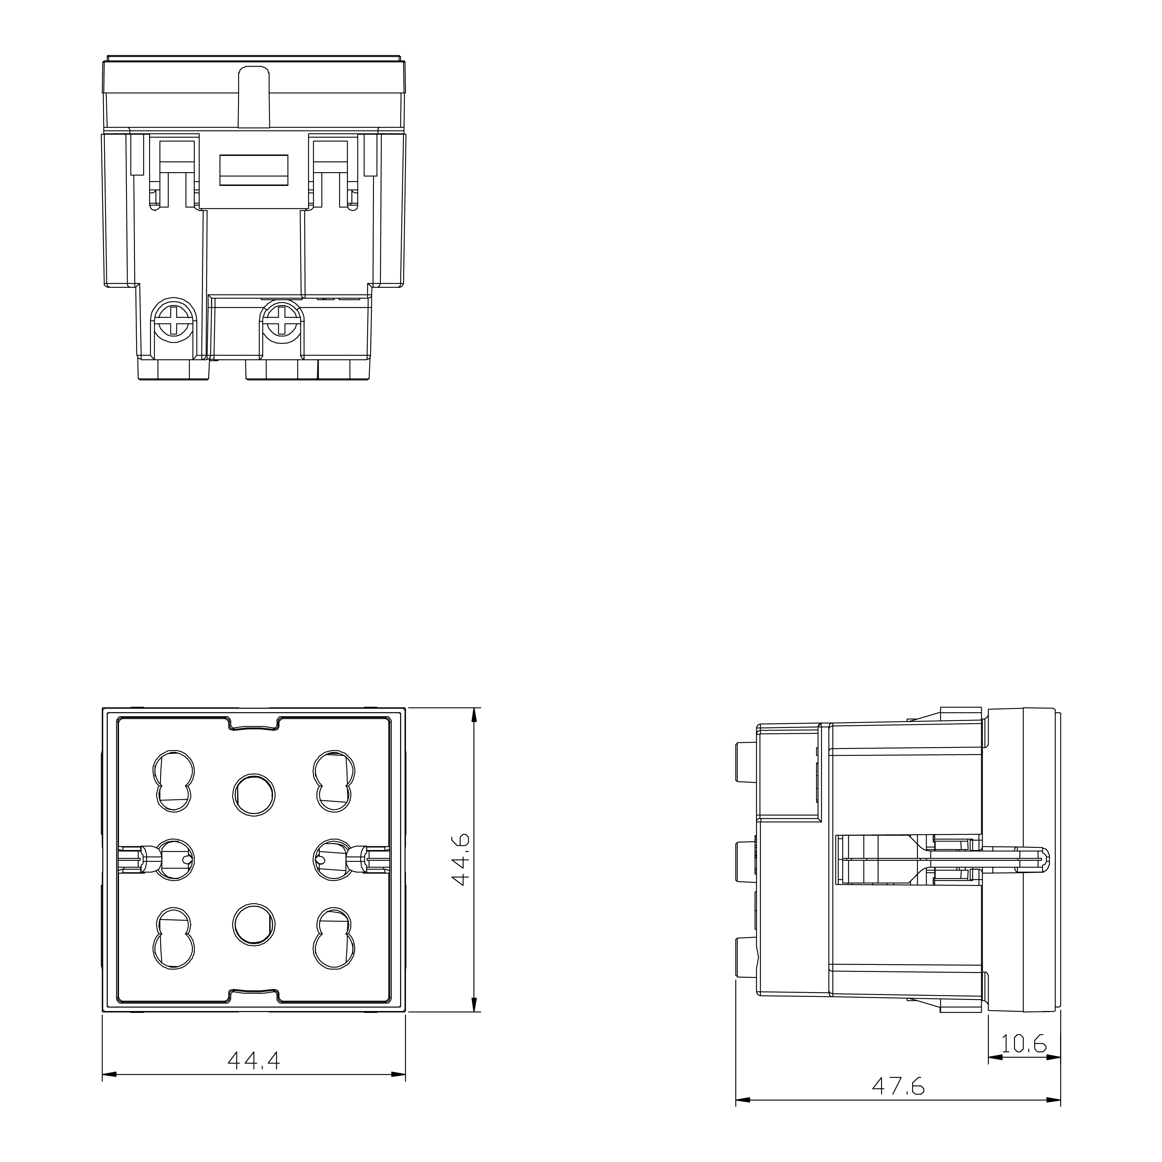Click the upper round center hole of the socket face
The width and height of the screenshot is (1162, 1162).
click(254, 795)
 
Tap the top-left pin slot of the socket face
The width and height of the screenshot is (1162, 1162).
click(174, 782)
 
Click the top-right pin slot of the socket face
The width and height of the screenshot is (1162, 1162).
click(334, 782)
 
